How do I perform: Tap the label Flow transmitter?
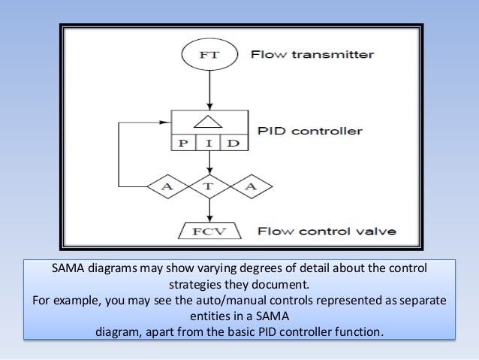(x=312, y=54)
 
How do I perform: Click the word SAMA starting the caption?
(x=71, y=269)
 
